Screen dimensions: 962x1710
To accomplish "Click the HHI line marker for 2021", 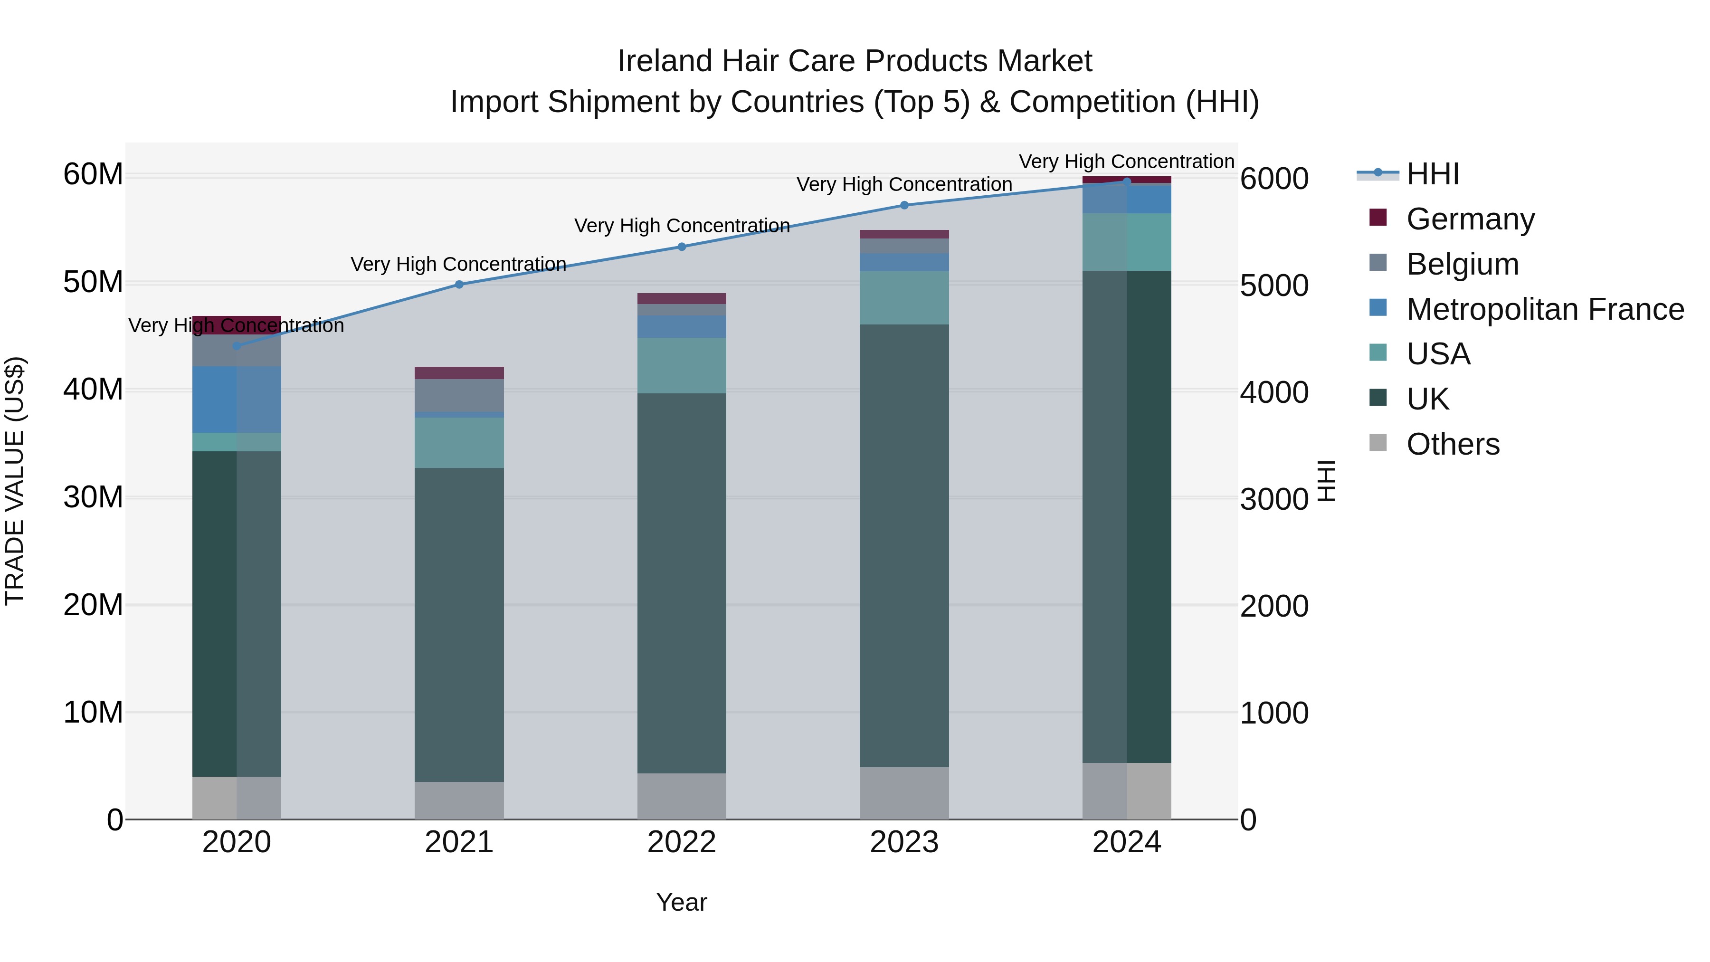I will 459,284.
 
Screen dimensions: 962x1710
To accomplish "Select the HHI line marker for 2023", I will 903,205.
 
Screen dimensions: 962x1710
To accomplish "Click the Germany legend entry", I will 1470,219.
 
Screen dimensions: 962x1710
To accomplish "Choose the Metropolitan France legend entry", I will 1544,309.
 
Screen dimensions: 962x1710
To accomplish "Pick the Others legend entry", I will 1453,444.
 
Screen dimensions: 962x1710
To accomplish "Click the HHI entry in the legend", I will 1433,174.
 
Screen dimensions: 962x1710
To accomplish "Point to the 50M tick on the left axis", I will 93,282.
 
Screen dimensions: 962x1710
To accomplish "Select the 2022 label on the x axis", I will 681,842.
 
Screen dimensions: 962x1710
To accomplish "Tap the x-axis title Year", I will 681,902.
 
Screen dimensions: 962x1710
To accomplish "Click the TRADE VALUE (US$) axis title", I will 15,481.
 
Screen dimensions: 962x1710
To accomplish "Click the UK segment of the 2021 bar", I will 459,624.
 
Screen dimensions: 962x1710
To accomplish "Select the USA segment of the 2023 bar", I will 903,297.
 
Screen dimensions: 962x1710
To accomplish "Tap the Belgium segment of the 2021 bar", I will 459,395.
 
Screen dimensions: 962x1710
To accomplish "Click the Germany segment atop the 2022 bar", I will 681,298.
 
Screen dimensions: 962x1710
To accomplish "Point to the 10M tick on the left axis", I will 93,713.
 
